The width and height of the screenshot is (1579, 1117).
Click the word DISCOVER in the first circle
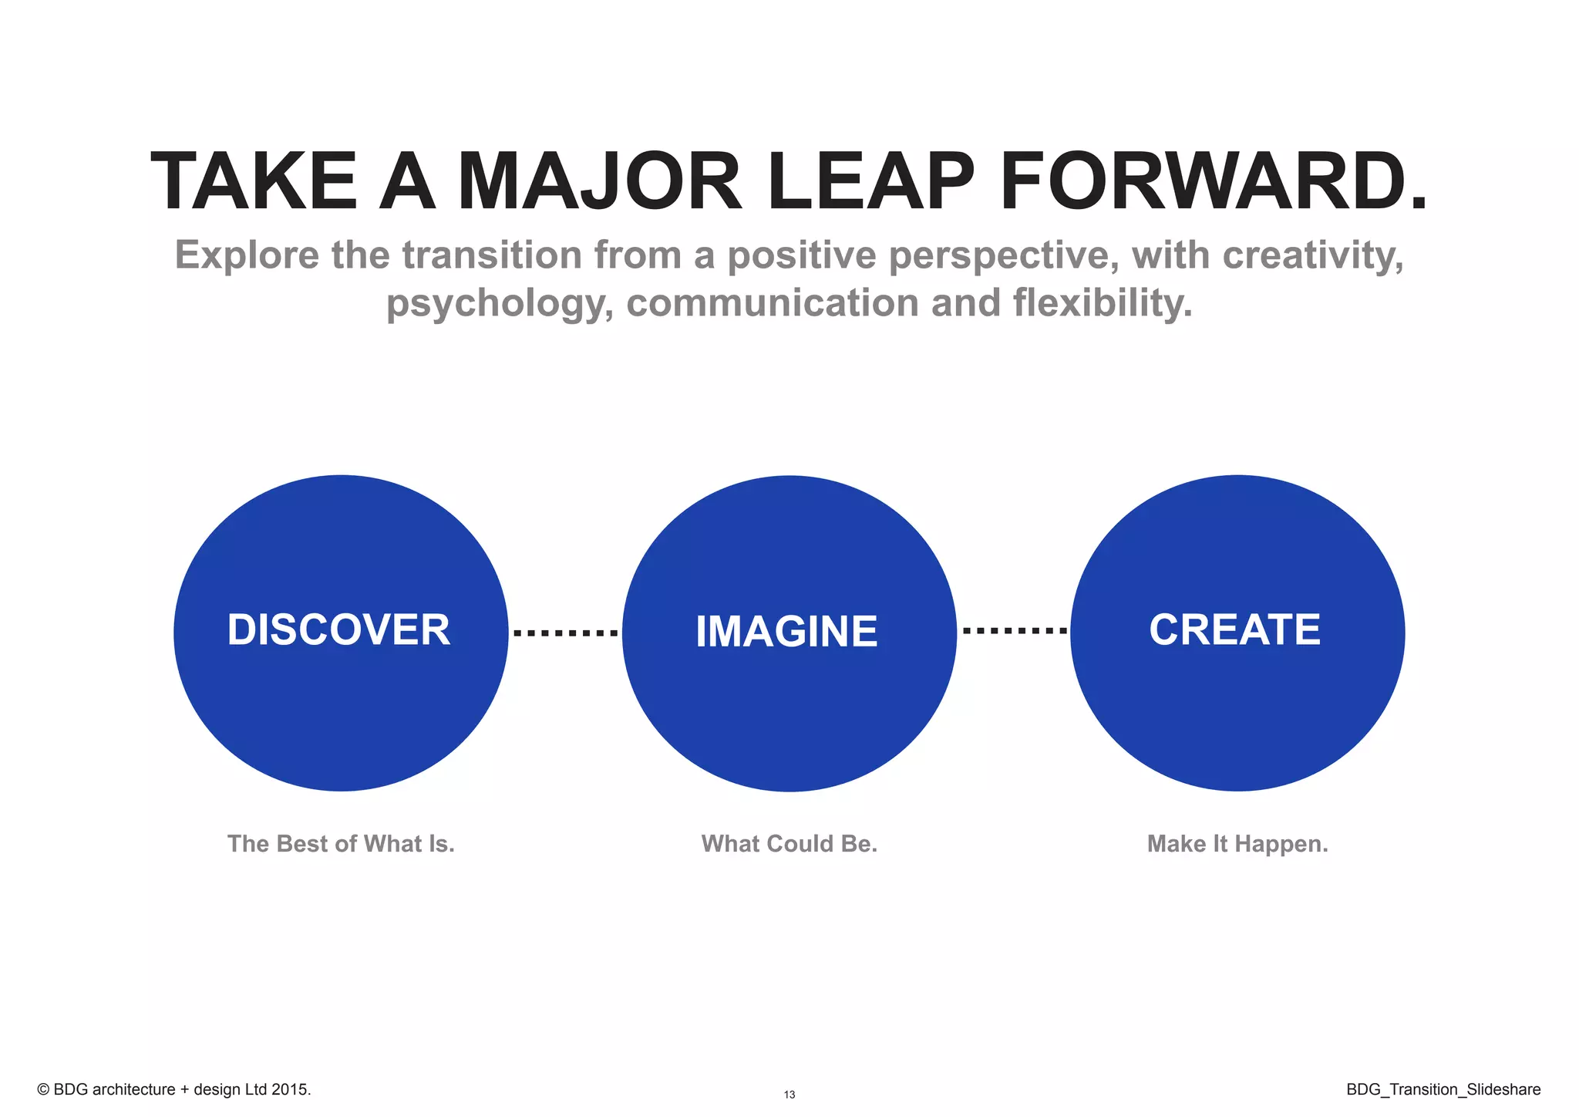pos(338,630)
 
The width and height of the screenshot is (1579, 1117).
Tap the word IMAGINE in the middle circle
pos(786,632)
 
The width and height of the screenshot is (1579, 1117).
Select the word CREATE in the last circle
pos(1234,630)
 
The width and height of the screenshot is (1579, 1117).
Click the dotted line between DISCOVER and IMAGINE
pos(565,633)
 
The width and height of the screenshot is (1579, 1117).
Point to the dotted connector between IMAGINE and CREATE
pos(1015,631)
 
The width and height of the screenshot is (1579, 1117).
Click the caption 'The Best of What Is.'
pos(341,844)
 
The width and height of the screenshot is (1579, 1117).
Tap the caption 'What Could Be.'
pos(789,844)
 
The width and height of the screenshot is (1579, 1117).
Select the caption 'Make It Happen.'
pos(1237,844)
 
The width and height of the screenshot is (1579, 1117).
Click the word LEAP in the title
pos(870,182)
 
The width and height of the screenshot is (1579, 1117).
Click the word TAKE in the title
pos(254,182)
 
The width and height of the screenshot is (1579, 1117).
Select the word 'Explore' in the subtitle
pos(247,255)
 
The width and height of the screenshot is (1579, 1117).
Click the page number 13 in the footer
pos(789,1095)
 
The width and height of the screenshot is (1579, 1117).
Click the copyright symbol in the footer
pos(43,1090)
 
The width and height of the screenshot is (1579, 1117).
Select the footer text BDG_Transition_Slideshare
pos(1443,1089)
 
